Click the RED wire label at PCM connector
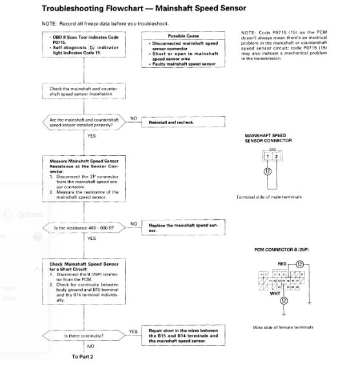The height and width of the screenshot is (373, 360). [x=281, y=264]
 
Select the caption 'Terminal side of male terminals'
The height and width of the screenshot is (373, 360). [x=270, y=197]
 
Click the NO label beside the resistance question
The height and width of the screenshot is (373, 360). [x=133, y=223]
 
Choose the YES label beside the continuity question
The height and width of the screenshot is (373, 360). [x=134, y=332]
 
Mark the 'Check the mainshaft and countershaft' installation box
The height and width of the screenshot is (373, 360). [x=85, y=91]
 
